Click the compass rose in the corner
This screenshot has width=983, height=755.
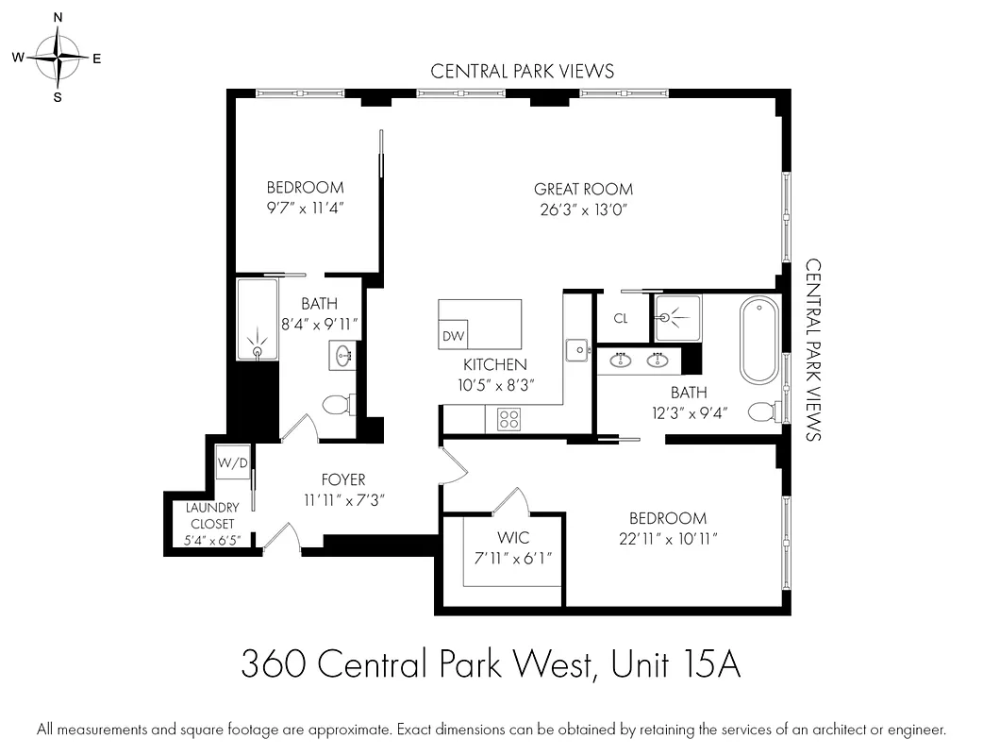58,58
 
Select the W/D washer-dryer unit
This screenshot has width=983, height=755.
232,462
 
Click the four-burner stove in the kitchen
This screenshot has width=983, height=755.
509,418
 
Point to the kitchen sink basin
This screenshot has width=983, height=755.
576,349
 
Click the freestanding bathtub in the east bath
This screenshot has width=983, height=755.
758,340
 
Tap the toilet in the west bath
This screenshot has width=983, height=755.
337,406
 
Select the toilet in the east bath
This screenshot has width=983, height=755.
763,411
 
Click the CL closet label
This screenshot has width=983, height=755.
621,319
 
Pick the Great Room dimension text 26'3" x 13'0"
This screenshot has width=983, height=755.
583,210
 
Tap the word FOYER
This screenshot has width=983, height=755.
342,479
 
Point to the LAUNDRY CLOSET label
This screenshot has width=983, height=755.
212,515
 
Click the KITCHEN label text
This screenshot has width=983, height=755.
494,364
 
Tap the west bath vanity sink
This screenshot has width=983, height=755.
343,356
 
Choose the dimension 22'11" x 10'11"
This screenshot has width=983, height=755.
668,538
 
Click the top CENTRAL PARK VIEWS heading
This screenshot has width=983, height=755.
522,71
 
